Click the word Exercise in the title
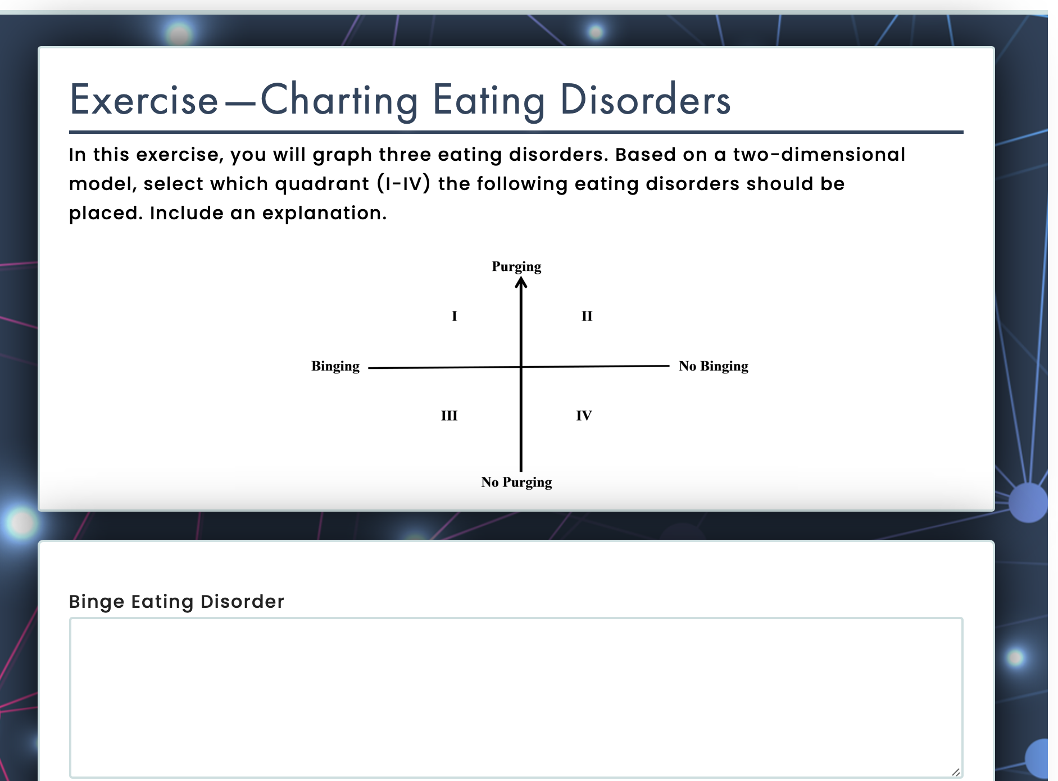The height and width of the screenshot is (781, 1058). pos(144,100)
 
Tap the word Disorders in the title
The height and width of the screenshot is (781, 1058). pos(646,100)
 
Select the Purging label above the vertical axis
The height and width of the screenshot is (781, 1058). pos(516,267)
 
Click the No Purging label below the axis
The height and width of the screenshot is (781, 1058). pos(516,482)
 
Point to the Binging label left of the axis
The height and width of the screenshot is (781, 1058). pos(335,367)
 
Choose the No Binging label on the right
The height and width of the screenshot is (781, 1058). pos(714,367)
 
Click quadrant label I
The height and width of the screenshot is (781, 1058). pos(455,316)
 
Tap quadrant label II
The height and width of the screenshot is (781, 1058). pos(587,316)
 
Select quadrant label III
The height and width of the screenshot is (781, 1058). pos(449,416)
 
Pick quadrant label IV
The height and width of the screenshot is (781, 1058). pos(584,416)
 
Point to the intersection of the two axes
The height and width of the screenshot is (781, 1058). pos(521,367)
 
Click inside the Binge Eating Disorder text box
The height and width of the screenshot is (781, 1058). pos(516,698)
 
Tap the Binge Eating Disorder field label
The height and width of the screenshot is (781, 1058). pos(176,602)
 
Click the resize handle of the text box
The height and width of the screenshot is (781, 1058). pos(956,772)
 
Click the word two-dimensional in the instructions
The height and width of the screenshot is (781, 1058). pos(819,155)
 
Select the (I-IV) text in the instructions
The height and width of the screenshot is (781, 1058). pos(403,184)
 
